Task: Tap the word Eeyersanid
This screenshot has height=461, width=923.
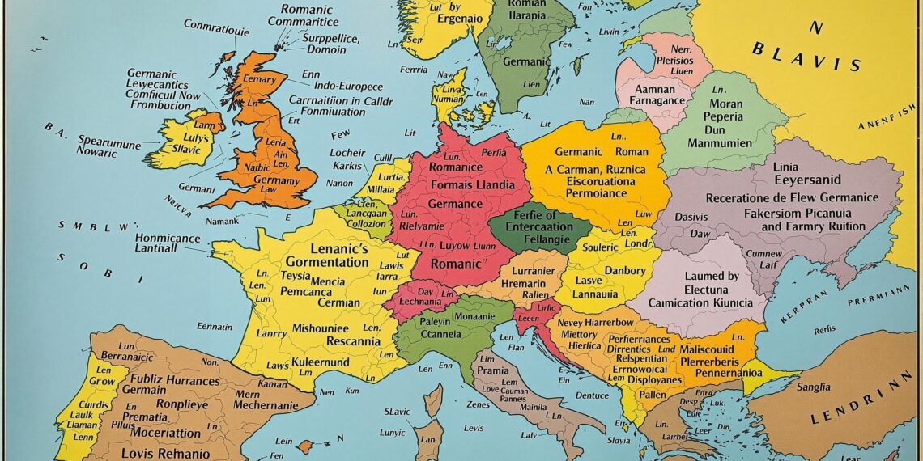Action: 806,180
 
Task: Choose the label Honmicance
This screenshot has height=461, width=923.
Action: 167,238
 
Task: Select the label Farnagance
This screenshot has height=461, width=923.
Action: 657,99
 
